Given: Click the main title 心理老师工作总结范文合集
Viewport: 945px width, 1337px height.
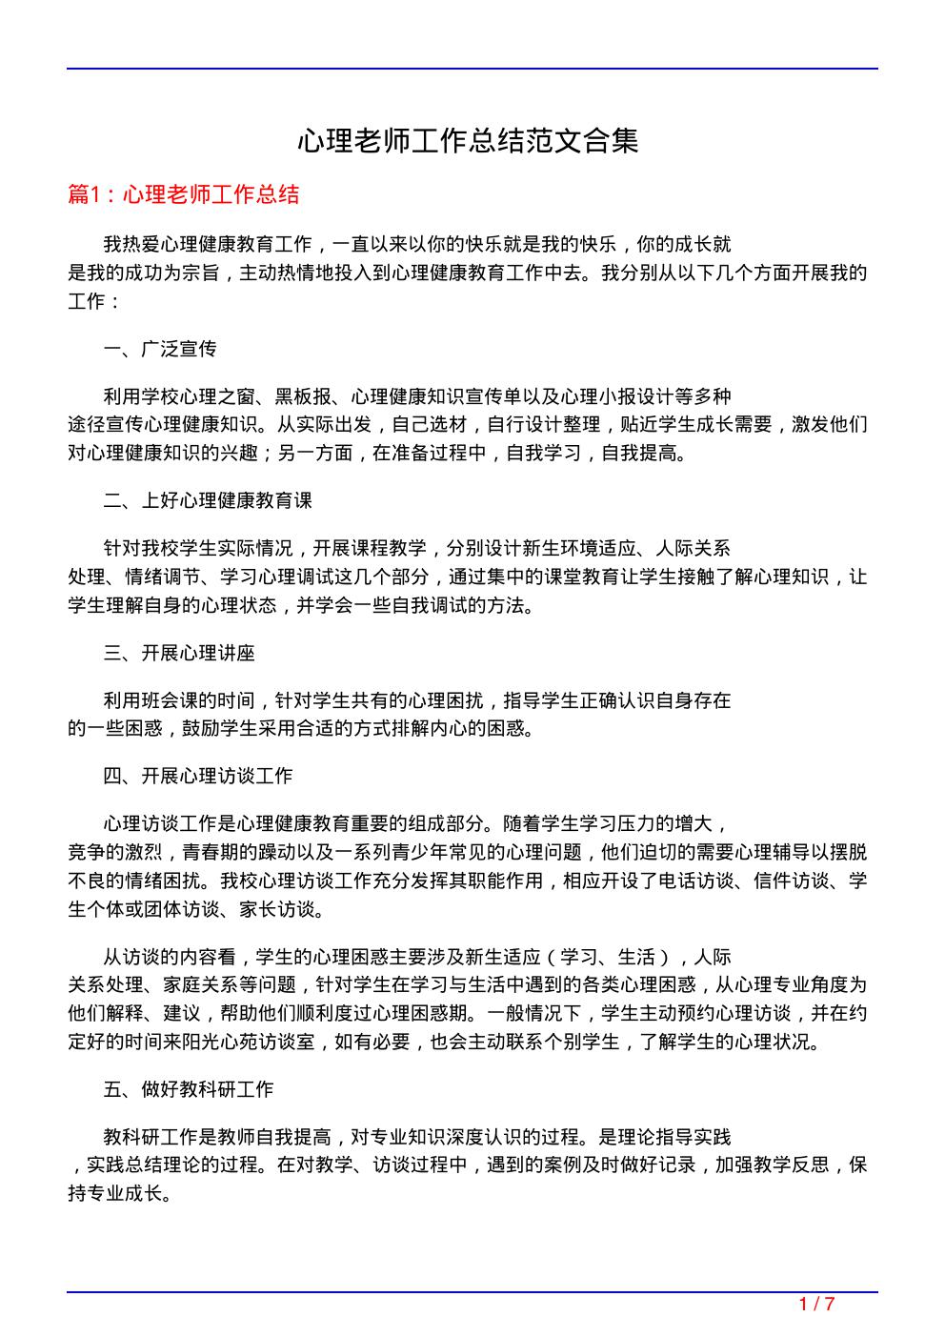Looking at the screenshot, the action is coord(467,141).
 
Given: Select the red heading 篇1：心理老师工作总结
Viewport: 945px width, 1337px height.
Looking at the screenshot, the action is coord(184,194).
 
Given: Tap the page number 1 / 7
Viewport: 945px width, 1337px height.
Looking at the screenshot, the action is coord(816,1304).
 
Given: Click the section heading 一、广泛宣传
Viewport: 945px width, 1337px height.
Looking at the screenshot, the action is coord(160,349).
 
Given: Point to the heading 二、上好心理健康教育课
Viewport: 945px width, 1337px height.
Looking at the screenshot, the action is coord(208,500).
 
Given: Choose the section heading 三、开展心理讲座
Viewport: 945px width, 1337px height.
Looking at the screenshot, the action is coord(179,653).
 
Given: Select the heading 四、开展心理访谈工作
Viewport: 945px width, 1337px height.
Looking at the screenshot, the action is coord(198,776).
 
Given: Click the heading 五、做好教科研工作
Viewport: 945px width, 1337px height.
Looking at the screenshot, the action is coord(189,1089).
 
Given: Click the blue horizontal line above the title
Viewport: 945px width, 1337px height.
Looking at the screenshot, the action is coord(472,69).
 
